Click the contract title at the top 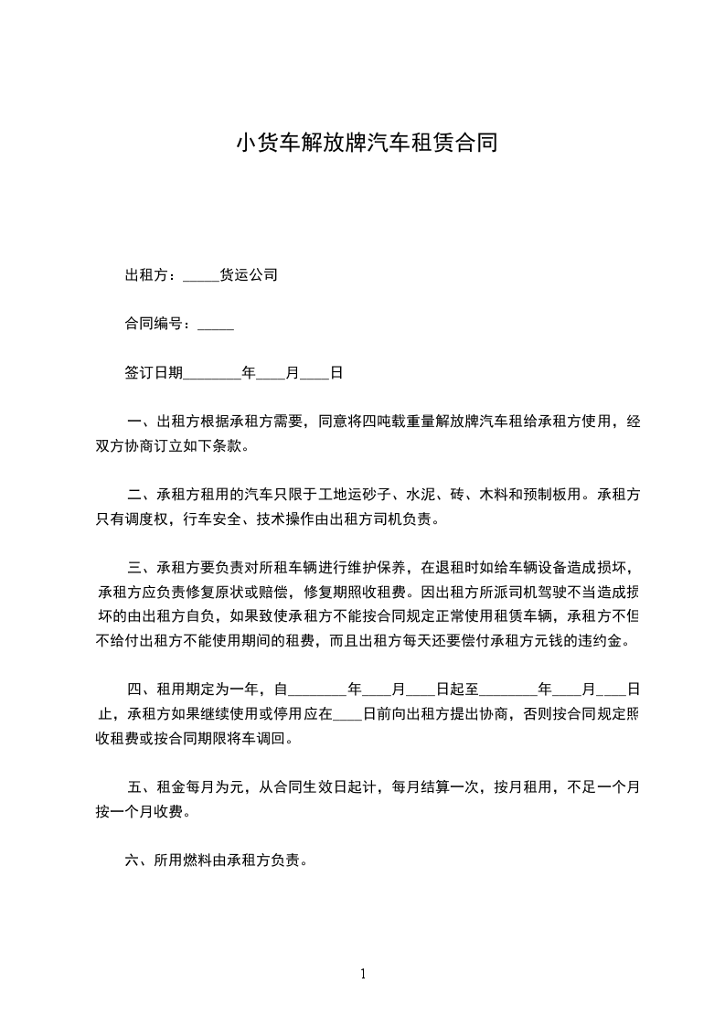coord(366,144)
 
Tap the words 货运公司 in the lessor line coord(249,274)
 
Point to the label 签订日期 coord(154,373)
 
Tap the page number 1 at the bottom coord(363,974)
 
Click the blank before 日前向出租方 coord(348,715)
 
